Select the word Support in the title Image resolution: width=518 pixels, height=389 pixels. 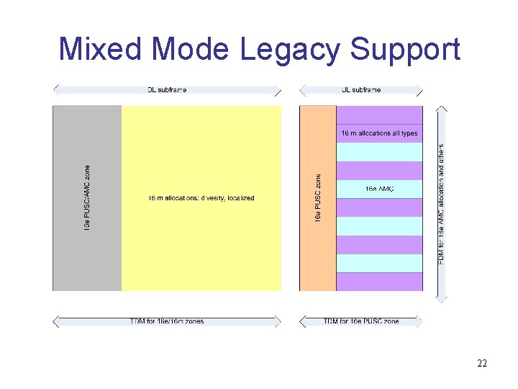coord(405,50)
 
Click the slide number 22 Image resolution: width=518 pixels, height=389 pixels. coord(481,363)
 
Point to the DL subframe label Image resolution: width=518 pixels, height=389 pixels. coord(167,90)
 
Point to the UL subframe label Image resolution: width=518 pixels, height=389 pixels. coord(361,90)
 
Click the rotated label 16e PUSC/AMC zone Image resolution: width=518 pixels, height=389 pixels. coord(87,198)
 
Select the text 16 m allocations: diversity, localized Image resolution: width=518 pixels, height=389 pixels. coord(201,198)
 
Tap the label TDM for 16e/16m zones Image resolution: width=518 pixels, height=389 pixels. coord(166,321)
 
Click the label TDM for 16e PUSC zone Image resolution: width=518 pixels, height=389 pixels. coord(361,321)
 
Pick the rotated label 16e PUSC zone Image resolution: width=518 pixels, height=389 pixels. coord(318,197)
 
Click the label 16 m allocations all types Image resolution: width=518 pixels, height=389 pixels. coord(379,133)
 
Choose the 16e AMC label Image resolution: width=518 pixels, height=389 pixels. coord(379,189)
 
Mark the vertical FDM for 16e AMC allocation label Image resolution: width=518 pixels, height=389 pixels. coord(441,202)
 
